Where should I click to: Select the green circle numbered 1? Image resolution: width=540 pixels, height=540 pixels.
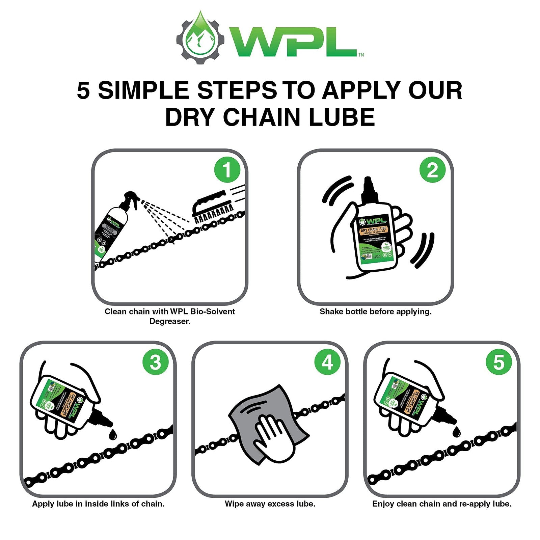click(227, 170)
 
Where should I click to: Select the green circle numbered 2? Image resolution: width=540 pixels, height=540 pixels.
click(432, 170)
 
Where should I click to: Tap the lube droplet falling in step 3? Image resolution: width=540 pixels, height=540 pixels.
click(113, 434)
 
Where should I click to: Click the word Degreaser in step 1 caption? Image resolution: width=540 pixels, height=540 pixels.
click(170, 321)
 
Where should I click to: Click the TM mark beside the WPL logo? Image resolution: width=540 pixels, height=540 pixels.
click(361, 55)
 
